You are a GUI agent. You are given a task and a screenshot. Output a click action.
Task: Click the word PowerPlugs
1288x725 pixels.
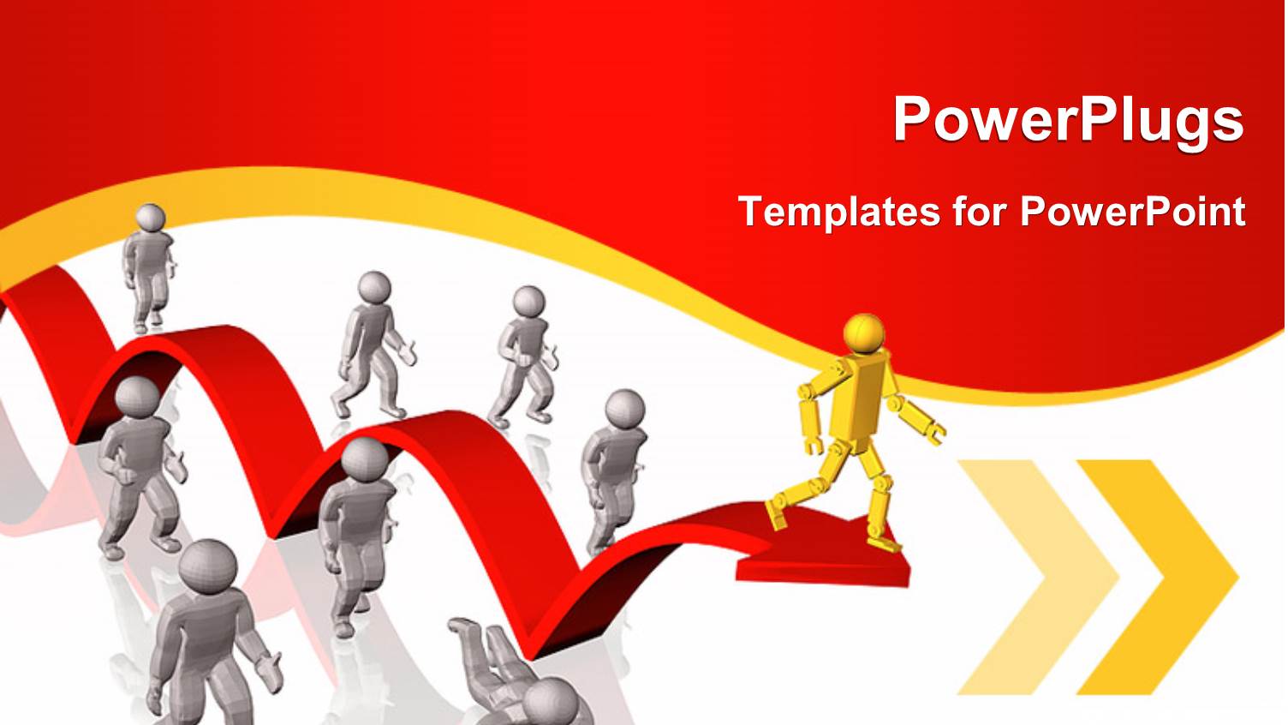click(x=1067, y=119)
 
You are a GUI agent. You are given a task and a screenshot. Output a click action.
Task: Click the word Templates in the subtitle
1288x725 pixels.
click(x=838, y=211)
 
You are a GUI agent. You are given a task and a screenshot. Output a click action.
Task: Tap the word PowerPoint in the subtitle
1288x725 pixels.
click(x=1132, y=211)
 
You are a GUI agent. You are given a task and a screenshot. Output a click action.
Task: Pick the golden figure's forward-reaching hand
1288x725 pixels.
click(x=935, y=434)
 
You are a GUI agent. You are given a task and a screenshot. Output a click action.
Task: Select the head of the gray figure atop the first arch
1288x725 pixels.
click(x=151, y=218)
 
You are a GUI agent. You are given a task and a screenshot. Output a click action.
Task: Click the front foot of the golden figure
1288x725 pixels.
click(x=884, y=542)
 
